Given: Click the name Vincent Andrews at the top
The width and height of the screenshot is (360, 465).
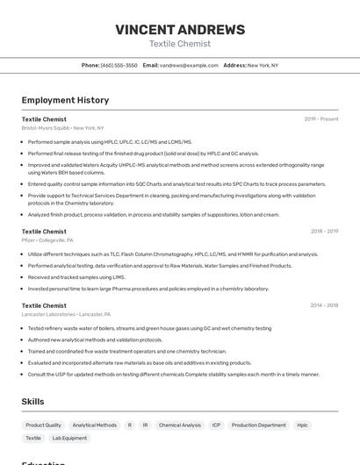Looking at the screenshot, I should pyautogui.click(x=180, y=28).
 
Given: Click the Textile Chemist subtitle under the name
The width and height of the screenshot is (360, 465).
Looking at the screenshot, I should pyautogui.click(x=180, y=44).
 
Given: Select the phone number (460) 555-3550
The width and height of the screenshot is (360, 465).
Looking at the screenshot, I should pyautogui.click(x=119, y=66).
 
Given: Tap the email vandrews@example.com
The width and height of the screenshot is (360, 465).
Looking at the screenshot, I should pyautogui.click(x=188, y=66).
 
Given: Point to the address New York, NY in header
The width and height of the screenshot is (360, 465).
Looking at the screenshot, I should pyautogui.click(x=263, y=66).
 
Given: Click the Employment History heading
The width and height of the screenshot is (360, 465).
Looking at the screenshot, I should pyautogui.click(x=65, y=100).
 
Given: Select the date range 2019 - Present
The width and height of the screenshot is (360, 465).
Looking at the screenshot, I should pyautogui.click(x=321, y=119).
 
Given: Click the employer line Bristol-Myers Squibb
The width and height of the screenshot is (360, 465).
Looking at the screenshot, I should pyautogui.click(x=62, y=128).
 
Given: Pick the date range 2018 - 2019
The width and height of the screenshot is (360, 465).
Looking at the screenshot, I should pyautogui.click(x=324, y=232).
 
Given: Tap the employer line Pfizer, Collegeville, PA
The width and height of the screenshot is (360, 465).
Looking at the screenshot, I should pyautogui.click(x=47, y=240).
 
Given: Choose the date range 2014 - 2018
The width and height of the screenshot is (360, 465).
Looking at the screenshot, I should pyautogui.click(x=324, y=306).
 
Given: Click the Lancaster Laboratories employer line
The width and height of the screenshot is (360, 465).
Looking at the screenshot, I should pyautogui.click(x=66, y=314).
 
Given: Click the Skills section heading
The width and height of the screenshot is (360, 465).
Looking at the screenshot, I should pyautogui.click(x=32, y=401).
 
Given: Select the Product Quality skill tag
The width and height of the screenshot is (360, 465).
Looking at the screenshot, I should pyautogui.click(x=43, y=426).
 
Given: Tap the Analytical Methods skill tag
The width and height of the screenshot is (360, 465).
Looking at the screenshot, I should pyautogui.click(x=94, y=426).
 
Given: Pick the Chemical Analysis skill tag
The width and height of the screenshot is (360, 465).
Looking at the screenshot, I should pyautogui.click(x=180, y=426).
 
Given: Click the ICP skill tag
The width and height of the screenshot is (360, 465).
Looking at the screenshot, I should pyautogui.click(x=216, y=426).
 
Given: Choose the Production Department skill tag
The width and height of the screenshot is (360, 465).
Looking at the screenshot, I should pyautogui.click(x=259, y=426).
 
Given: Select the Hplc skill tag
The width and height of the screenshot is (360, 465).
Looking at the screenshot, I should pyautogui.click(x=303, y=426).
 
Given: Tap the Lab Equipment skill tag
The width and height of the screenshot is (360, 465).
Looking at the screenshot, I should pyautogui.click(x=69, y=438).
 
